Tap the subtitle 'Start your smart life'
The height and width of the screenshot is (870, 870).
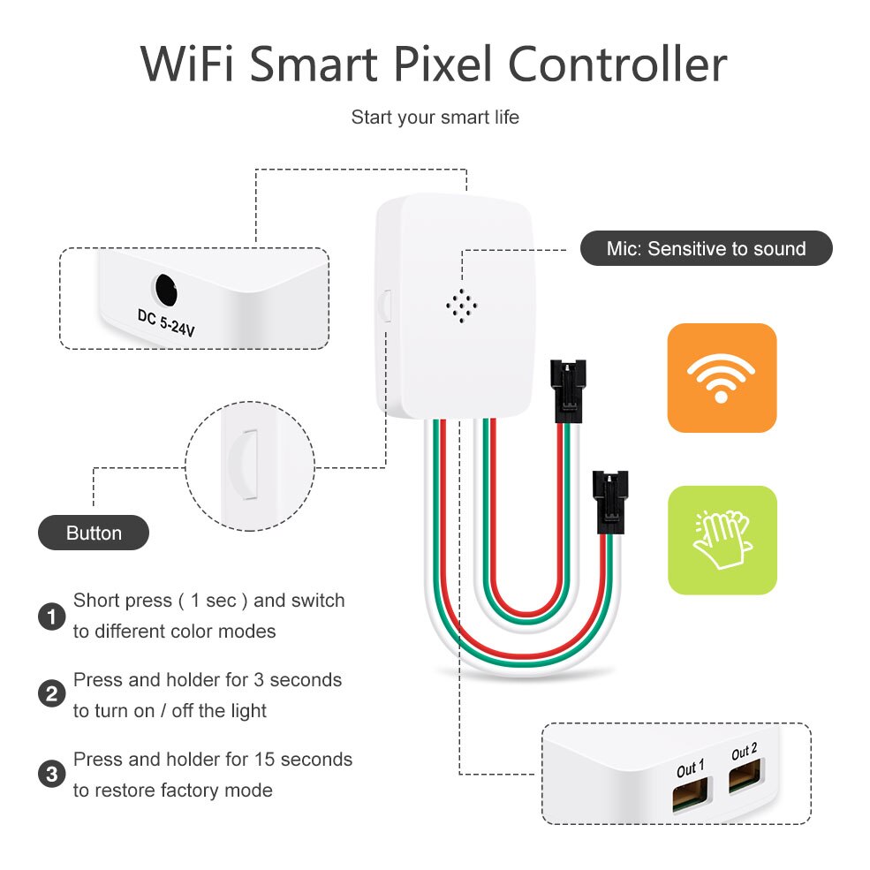pyautogui.click(x=435, y=117)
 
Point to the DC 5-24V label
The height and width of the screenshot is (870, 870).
pyautogui.click(x=166, y=322)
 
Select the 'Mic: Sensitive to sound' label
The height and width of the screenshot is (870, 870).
pyautogui.click(x=706, y=249)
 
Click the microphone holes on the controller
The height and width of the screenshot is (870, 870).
pyautogui.click(x=461, y=306)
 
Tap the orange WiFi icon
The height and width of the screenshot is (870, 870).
pyautogui.click(x=722, y=378)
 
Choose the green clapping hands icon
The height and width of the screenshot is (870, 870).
pyautogui.click(x=722, y=540)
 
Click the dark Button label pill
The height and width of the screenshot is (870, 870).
pyautogui.click(x=94, y=533)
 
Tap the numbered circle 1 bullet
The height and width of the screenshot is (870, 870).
pyautogui.click(x=52, y=617)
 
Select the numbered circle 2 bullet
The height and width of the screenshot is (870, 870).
pyautogui.click(x=52, y=695)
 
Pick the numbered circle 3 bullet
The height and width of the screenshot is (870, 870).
pyautogui.click(x=52, y=775)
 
